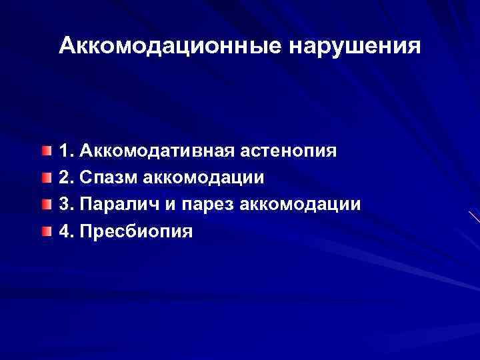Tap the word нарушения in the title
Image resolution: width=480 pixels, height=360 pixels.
(355, 46)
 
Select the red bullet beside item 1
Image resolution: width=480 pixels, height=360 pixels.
(44, 151)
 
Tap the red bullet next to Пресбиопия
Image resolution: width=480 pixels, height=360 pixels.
(44, 231)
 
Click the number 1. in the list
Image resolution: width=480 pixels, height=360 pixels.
(66, 151)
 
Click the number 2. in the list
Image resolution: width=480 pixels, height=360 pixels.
(66, 178)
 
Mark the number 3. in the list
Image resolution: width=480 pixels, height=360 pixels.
(66, 205)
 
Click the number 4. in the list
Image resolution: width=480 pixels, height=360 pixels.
(66, 231)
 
